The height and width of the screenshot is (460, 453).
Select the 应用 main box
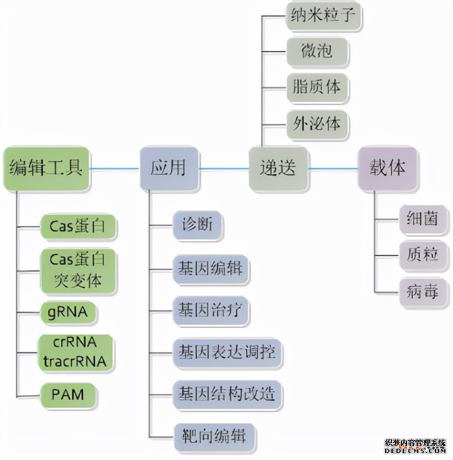tap(169, 168)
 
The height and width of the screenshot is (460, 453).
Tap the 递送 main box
tap(278, 168)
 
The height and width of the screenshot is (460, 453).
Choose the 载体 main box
tap(388, 168)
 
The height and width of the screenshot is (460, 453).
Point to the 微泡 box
tap(316, 50)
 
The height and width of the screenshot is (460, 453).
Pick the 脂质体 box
tap(316, 86)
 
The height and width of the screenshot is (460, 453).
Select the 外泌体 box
tap(316, 123)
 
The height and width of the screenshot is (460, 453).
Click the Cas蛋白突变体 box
tap(79, 270)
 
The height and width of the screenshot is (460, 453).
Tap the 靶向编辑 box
tap(215, 435)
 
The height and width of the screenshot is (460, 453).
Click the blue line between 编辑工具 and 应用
tap(115, 169)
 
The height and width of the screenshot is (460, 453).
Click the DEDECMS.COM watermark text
tap(416, 451)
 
